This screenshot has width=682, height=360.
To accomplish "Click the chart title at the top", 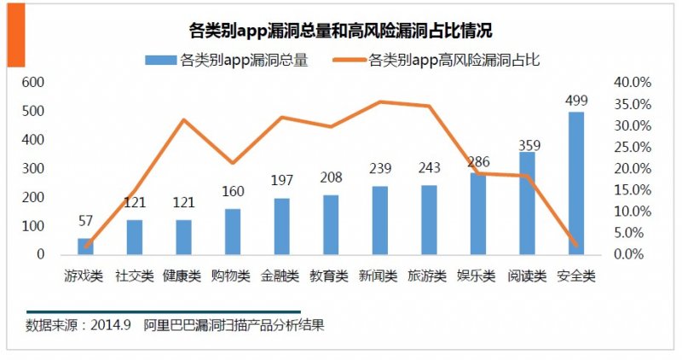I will click(340, 32).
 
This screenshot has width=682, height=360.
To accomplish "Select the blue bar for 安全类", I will click(576, 183).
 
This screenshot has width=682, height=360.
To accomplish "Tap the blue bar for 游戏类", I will click(85, 246).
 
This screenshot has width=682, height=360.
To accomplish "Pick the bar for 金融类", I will click(281, 226).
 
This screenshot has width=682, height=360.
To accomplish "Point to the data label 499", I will click(576, 101).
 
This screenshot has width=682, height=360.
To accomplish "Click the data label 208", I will click(331, 178).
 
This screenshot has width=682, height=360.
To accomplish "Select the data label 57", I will click(85, 222).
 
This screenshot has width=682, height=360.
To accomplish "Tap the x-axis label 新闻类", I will click(379, 276).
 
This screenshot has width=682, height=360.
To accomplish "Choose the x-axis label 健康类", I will click(183, 276).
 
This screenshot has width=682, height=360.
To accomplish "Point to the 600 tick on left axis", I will click(32, 83).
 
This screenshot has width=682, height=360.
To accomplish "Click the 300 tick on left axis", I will click(32, 169).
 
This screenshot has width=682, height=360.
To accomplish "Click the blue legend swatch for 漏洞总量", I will click(159, 61).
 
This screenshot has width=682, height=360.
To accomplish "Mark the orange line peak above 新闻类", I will click(380, 102).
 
